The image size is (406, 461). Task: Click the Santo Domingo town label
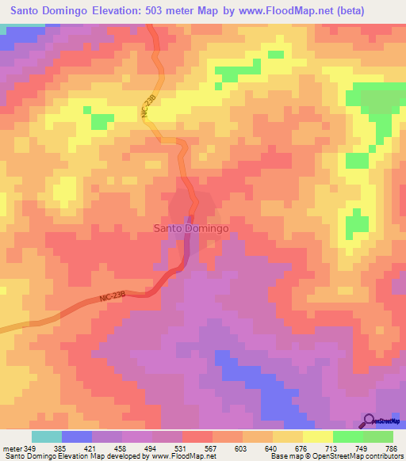(x=190, y=228)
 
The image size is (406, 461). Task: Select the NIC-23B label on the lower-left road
(x=113, y=297)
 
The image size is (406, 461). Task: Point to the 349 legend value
(x=31, y=448)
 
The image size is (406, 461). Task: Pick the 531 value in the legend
(x=182, y=448)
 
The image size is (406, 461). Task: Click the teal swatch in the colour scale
(x=47, y=436)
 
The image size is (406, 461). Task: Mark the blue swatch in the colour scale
(x=77, y=436)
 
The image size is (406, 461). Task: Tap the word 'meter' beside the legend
(x=12, y=448)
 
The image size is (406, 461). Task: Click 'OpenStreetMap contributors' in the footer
(x=351, y=456)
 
